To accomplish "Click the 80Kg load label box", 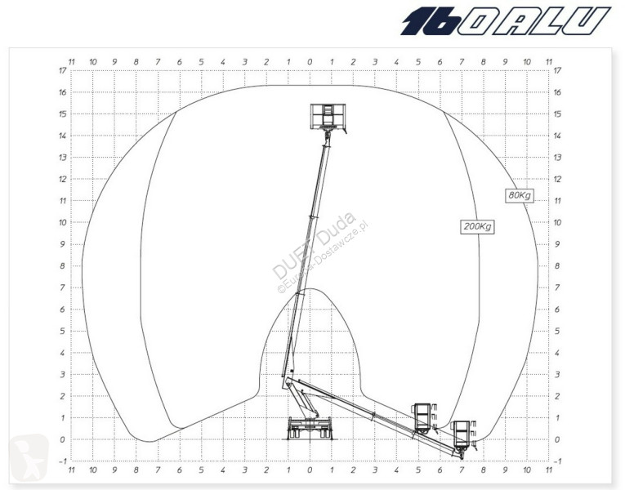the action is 520,195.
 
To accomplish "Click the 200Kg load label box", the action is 477,226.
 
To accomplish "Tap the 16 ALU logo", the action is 506,20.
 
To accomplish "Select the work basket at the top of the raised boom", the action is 328,117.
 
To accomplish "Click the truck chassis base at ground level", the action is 310,429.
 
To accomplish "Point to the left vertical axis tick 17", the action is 63,70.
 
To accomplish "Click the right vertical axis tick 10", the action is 557,222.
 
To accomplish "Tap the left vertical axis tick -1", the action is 63,461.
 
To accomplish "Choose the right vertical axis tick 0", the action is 557,439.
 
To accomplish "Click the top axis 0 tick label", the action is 310,62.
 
